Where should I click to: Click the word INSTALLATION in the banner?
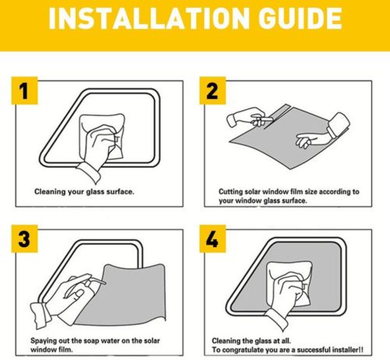[149, 19]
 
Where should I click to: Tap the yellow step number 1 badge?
[24, 90]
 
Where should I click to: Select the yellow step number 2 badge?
[212, 90]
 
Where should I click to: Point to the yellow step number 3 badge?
[24, 238]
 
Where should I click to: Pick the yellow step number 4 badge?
[212, 238]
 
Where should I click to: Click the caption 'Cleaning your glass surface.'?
[84, 192]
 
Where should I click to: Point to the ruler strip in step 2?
[277, 115]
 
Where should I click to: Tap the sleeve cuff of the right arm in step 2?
[338, 124]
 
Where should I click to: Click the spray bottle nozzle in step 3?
[97, 281]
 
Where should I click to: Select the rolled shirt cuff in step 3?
[40, 315]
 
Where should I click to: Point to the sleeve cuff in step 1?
[89, 173]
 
